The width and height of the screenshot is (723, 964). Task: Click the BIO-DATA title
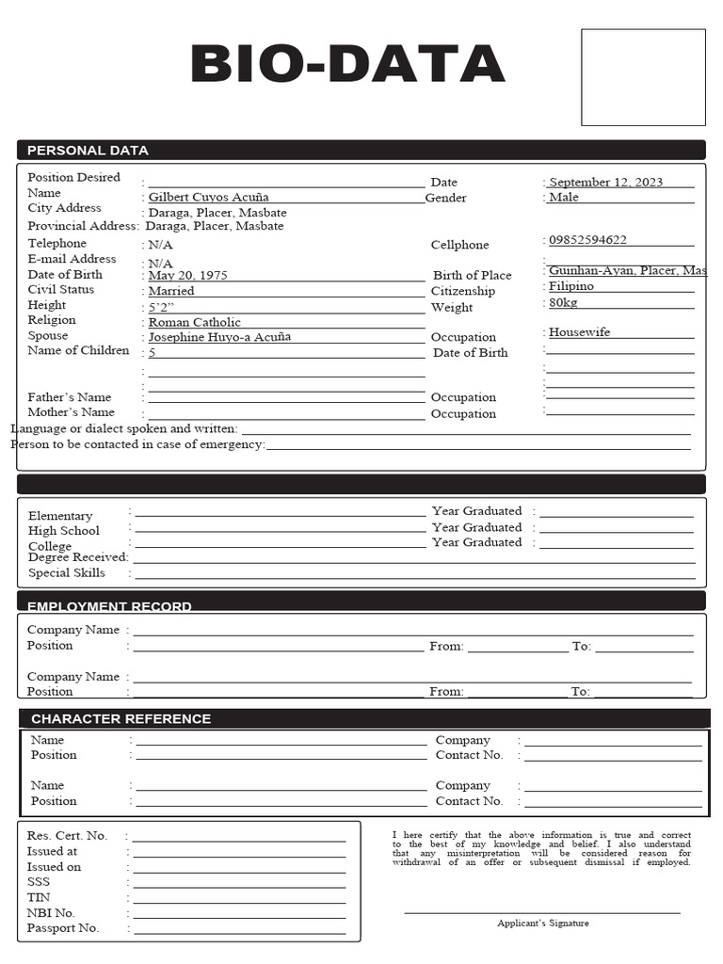pos(347,65)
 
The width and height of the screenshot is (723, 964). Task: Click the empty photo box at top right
pos(642,77)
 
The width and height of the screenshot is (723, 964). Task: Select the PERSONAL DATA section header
pos(88,151)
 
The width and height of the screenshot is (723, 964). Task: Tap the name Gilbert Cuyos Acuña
pos(208,198)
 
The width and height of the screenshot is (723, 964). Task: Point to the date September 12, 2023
pos(605,183)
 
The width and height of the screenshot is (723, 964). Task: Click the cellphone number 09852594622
pos(587,240)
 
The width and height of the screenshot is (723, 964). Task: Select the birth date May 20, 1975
pos(188,276)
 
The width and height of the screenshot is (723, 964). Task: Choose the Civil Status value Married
pos(171,292)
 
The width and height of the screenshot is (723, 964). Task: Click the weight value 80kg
pos(563,303)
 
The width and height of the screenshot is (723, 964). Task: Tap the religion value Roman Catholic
pos(195,323)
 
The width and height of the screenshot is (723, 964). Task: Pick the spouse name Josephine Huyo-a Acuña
pos(219,337)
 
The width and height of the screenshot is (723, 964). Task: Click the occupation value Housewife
pos(579,332)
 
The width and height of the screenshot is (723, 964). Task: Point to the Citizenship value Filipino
pos(571,286)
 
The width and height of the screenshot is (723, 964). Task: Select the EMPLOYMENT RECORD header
pos(109,606)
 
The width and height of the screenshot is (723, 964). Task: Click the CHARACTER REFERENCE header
pos(120,719)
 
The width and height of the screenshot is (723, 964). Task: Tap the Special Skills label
pos(67,573)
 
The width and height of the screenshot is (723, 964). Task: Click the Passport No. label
pos(63,928)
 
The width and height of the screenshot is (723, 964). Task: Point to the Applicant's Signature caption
pos(542,924)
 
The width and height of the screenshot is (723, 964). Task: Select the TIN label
pos(38,897)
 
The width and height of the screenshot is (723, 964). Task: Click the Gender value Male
pos(564,198)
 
